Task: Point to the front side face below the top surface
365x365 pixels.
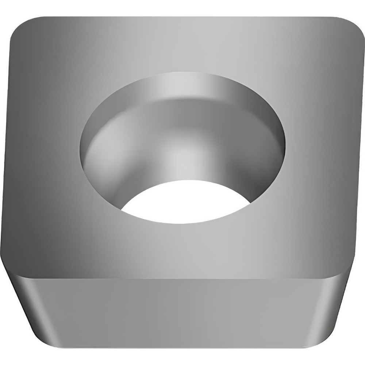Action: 182,307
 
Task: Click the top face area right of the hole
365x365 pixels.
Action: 321,146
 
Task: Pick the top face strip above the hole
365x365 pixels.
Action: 182,44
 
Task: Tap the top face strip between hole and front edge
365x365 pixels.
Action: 182,245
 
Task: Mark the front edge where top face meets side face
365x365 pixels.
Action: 182,269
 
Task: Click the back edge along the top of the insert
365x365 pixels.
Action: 182,17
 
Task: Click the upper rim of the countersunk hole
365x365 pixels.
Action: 182,73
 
